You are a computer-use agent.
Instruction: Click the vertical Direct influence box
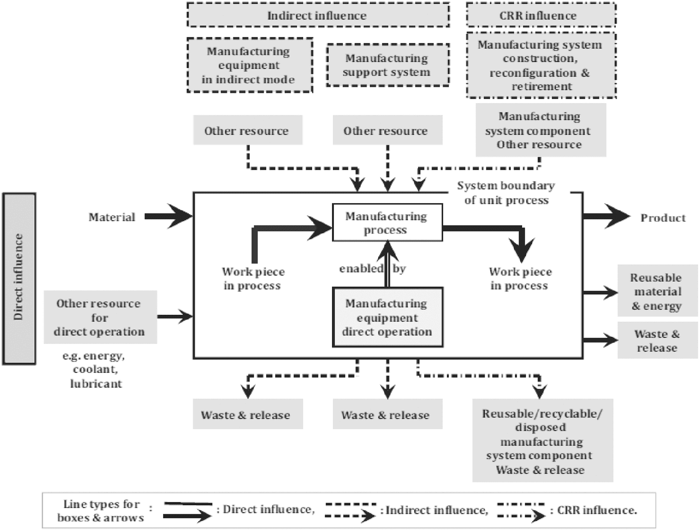pos(19,279)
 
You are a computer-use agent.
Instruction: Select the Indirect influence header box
pos(318,15)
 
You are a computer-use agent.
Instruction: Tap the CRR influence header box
pos(541,15)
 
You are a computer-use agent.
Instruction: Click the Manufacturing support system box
pos(388,65)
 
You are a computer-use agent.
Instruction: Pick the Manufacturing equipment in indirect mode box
pos(250,65)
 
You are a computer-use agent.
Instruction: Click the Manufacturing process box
pos(387,222)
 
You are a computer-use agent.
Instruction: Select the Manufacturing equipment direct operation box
pos(388,317)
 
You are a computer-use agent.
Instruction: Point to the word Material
pos(112,217)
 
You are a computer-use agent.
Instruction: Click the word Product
pos(663,218)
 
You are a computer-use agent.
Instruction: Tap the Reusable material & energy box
pos(658,290)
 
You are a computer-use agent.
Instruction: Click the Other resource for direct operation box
pos(100,317)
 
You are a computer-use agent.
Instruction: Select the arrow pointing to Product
pos(607,216)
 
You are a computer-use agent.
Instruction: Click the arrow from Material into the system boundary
pos(169,216)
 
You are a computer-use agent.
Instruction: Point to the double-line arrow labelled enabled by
pos(387,264)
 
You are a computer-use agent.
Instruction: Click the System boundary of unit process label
pos(506,193)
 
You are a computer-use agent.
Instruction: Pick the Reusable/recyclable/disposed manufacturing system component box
pos(543,440)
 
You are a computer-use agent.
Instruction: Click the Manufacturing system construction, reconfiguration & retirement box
pos(541,65)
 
